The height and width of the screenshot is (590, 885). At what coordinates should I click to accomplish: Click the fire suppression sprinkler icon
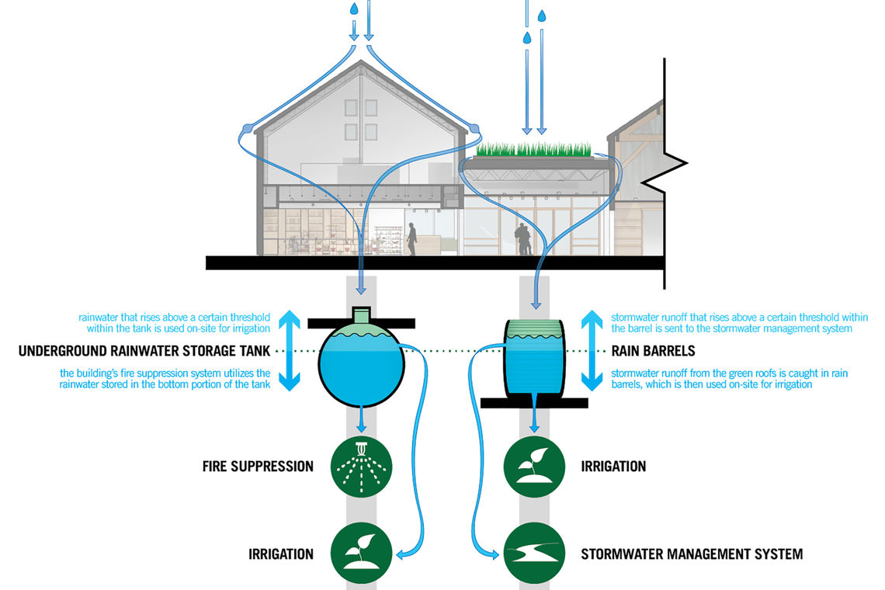[362, 467]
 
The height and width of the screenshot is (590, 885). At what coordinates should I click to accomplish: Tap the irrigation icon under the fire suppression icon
[362, 554]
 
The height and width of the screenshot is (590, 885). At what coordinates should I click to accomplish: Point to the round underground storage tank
[362, 365]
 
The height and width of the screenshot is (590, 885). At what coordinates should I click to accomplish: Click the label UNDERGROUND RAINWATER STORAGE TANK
[144, 351]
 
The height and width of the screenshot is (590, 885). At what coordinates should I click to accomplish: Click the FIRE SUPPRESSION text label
[258, 467]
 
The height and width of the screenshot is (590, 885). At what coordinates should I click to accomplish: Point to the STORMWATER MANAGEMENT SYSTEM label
[692, 554]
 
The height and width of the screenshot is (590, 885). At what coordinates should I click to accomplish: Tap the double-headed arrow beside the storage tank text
[288, 350]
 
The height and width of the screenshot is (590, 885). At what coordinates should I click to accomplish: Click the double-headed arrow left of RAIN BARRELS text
[592, 350]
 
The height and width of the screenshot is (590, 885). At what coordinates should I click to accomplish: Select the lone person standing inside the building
[411, 239]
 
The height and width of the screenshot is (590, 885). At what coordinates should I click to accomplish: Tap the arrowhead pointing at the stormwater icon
[495, 554]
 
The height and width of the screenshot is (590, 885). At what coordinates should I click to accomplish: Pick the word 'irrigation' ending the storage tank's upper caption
[248, 329]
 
